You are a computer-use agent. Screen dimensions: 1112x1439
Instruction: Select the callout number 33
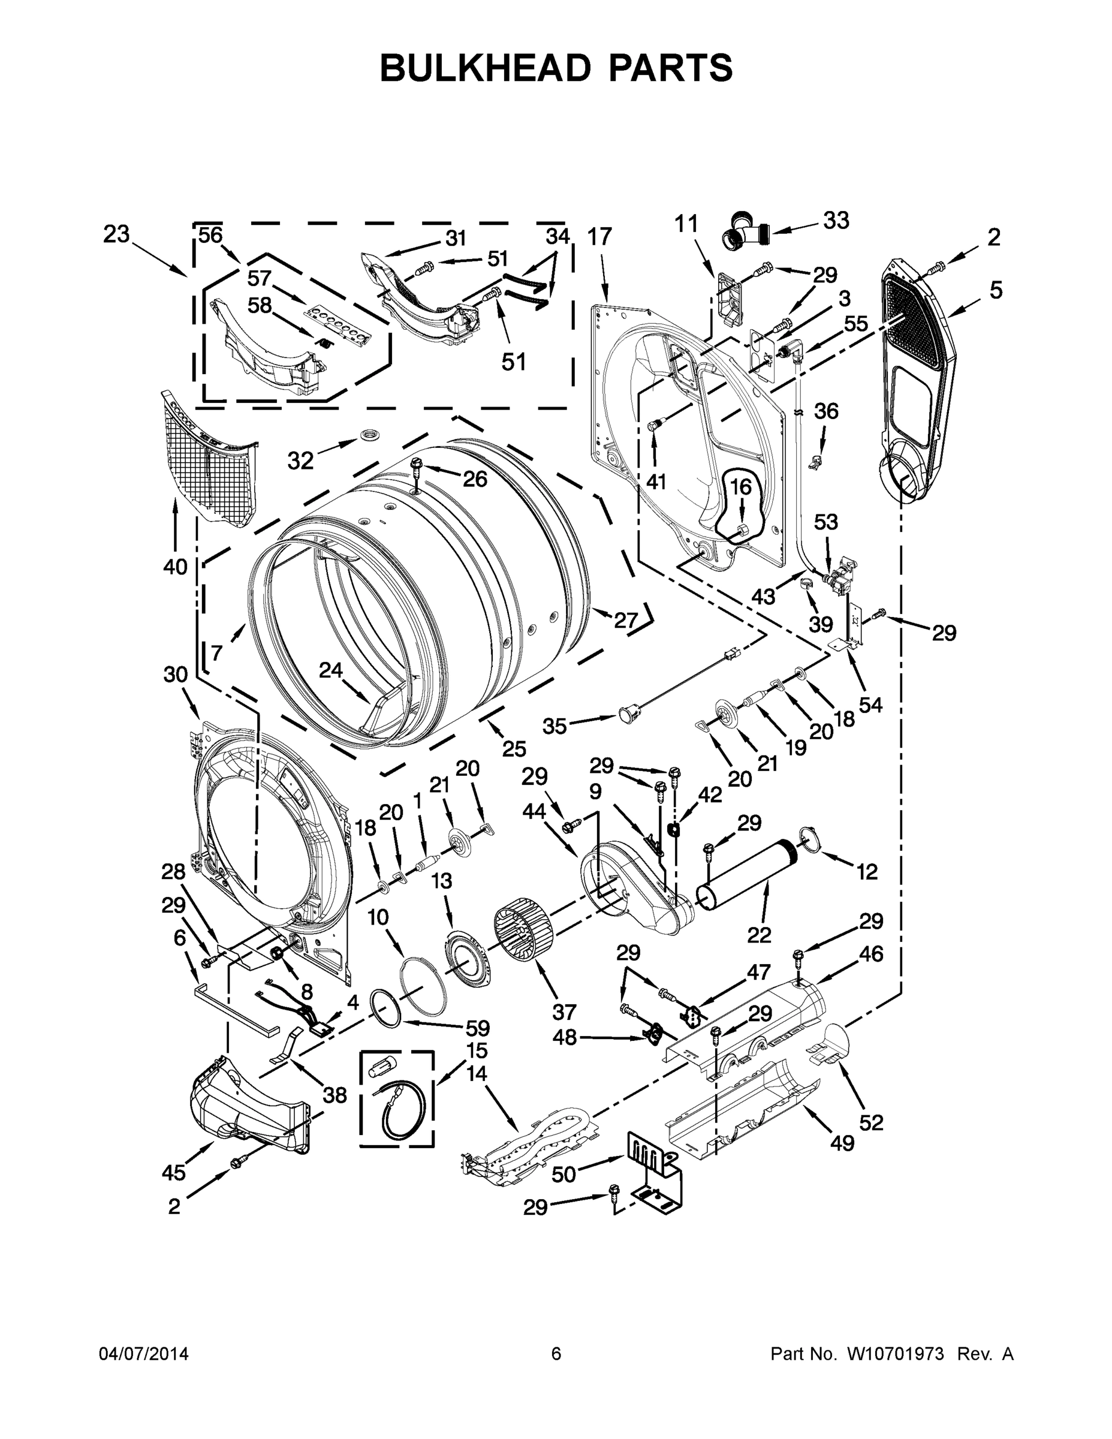coord(836,221)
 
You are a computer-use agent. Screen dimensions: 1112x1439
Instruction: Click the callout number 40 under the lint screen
coord(175,566)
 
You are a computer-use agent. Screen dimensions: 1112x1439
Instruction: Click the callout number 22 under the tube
coord(760,934)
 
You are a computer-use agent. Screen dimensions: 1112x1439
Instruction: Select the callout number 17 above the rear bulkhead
coord(599,237)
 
